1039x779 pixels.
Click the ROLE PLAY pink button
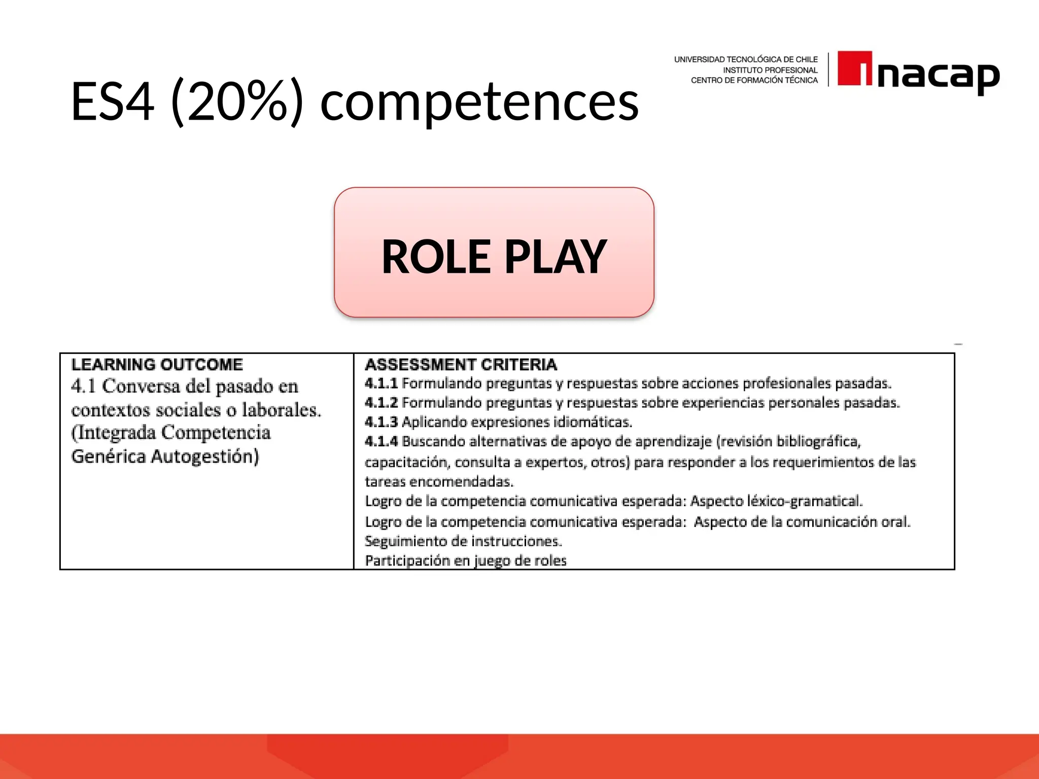(494, 253)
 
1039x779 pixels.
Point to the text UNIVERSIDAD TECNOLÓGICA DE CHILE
(745, 59)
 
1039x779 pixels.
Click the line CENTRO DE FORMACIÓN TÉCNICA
(754, 80)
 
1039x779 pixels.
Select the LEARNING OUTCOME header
(157, 364)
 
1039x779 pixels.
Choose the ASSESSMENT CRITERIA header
(461, 364)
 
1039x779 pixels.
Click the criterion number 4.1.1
(381, 383)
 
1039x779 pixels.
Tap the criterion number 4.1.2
(381, 403)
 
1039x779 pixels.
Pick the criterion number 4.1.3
(381, 422)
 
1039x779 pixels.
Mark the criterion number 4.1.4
(381, 441)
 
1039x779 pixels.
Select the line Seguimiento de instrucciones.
(463, 541)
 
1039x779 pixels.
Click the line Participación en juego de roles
(465, 560)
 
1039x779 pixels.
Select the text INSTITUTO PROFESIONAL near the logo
(770, 70)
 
